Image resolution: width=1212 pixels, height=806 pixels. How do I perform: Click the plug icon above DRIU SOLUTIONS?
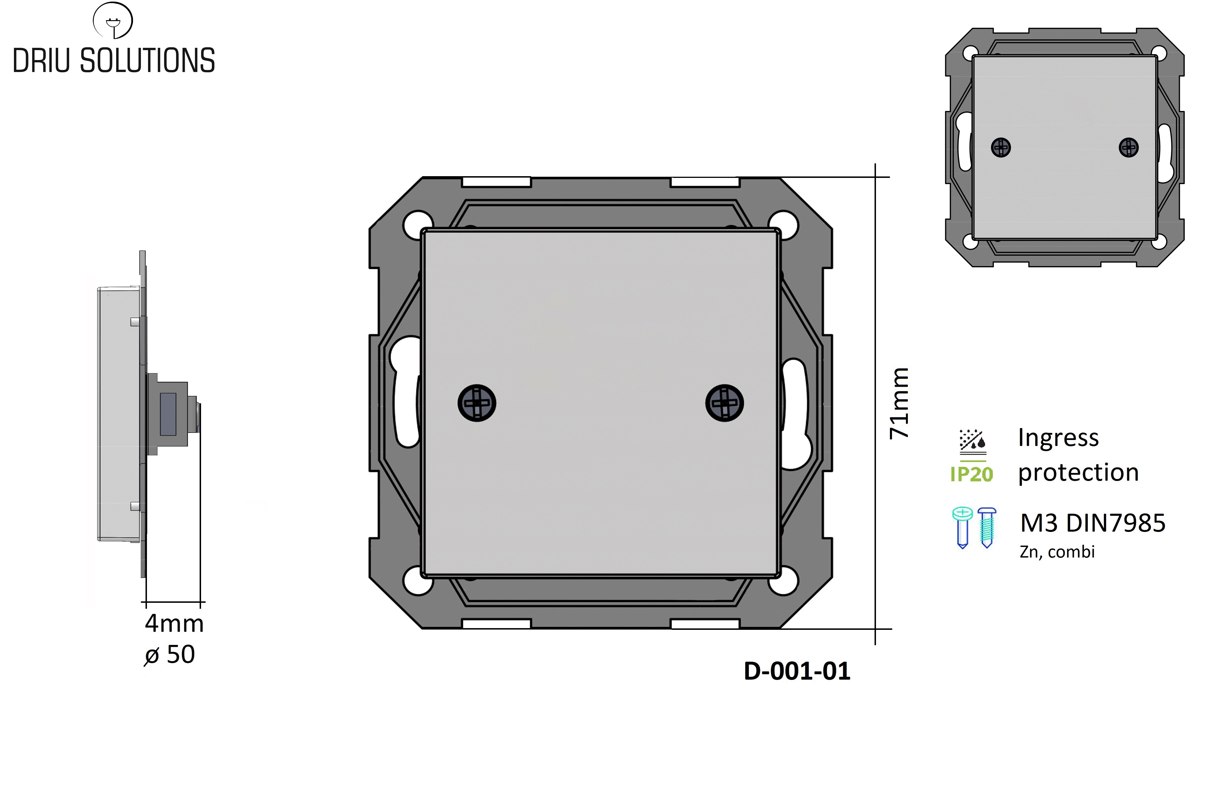pyautogui.click(x=112, y=20)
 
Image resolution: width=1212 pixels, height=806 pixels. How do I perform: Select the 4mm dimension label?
pyautogui.click(x=174, y=624)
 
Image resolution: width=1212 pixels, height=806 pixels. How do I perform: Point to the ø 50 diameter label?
pyautogui.click(x=170, y=654)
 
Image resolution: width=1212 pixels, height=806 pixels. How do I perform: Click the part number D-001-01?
pyautogui.click(x=797, y=671)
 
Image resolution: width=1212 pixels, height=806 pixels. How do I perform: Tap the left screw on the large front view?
pyautogui.click(x=477, y=403)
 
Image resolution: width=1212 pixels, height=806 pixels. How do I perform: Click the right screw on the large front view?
pyautogui.click(x=724, y=403)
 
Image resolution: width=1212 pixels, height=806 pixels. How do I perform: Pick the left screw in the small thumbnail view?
pyautogui.click(x=1001, y=147)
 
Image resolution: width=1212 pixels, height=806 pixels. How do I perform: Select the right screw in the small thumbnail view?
pyautogui.click(x=1129, y=147)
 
